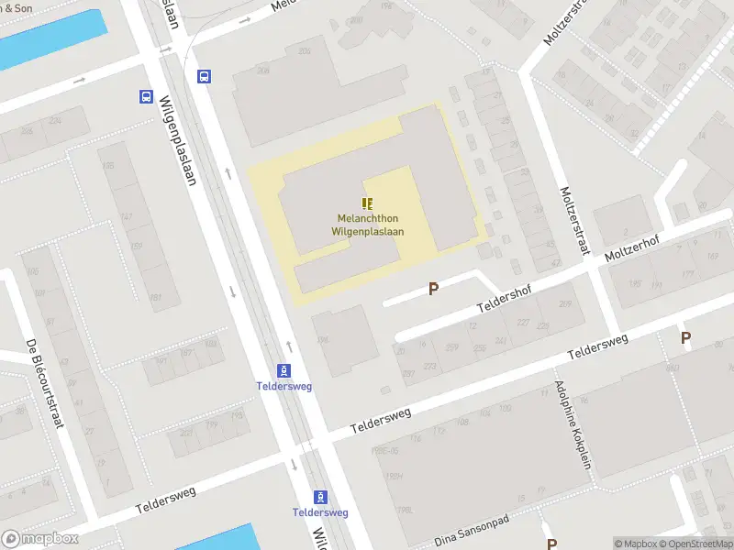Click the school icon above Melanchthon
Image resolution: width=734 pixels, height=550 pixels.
(367, 203)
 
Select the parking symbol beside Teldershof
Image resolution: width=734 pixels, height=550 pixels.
(433, 289)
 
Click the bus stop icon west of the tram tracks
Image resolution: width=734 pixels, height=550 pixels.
(146, 96)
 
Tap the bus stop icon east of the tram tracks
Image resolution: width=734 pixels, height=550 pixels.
(204, 77)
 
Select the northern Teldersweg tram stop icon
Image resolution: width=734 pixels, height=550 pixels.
(284, 370)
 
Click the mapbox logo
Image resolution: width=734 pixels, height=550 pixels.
(39, 539)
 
